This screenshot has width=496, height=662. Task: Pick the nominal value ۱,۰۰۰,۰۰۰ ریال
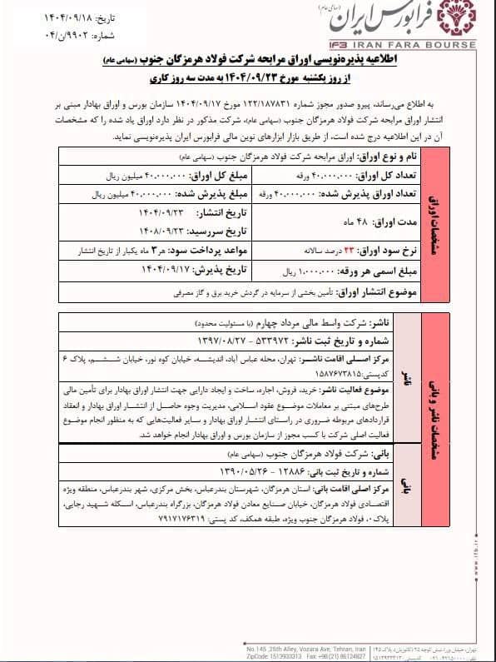click(287, 247)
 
